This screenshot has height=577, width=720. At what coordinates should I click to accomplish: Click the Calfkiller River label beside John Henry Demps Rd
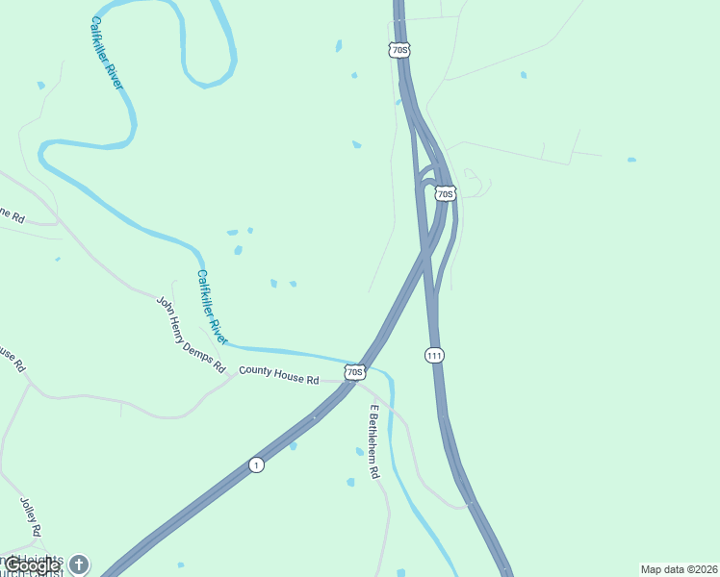point(212,307)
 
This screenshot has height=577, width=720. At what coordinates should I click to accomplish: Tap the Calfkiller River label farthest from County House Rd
point(108,53)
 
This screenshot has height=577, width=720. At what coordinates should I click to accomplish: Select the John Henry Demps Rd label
point(190,334)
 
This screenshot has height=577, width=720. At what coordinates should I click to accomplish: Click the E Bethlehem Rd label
point(373,442)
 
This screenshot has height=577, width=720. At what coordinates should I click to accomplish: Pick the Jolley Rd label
point(30,516)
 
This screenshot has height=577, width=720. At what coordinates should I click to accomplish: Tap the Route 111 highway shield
point(434,356)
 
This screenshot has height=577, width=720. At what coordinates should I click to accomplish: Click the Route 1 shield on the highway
point(255,465)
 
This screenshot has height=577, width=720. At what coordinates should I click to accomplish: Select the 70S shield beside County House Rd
point(354,371)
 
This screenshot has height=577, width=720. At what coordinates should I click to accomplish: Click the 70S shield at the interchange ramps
point(444,193)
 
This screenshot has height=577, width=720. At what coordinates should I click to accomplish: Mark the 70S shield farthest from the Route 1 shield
point(400,49)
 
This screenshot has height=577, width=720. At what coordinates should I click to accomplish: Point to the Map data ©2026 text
point(678,569)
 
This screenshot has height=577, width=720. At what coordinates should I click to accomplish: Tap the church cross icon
point(79,564)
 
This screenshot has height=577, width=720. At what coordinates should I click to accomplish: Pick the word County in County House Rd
point(255,370)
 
